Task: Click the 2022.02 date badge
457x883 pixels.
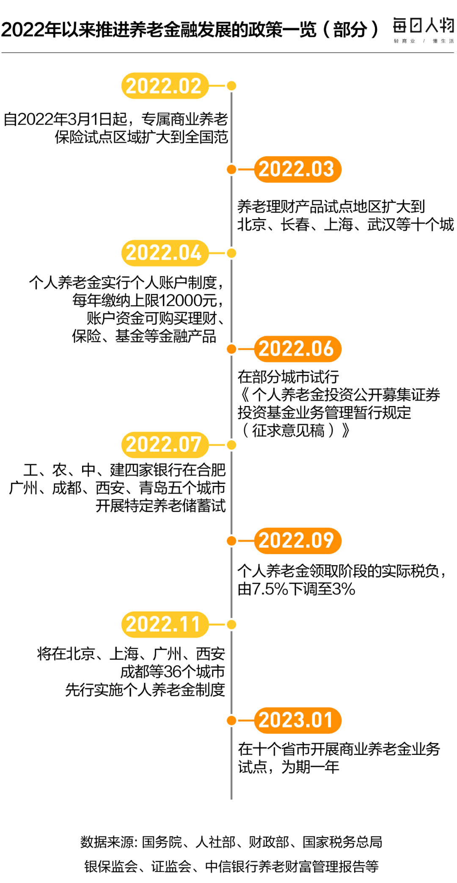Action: click(165, 86)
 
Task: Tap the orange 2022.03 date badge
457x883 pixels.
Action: click(297, 169)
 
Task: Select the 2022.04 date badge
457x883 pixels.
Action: click(165, 253)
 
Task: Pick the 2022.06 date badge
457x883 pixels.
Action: click(297, 349)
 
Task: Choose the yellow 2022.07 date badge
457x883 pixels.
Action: click(165, 444)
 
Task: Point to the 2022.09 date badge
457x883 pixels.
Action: click(297, 540)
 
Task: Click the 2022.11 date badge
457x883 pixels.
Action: click(165, 624)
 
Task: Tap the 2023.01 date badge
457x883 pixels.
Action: click(297, 720)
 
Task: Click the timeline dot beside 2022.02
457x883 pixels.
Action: click(231, 86)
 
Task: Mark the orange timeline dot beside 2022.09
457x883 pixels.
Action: click(231, 540)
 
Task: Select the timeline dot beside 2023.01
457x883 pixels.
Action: click(231, 720)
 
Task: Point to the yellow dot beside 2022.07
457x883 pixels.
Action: click(231, 444)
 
